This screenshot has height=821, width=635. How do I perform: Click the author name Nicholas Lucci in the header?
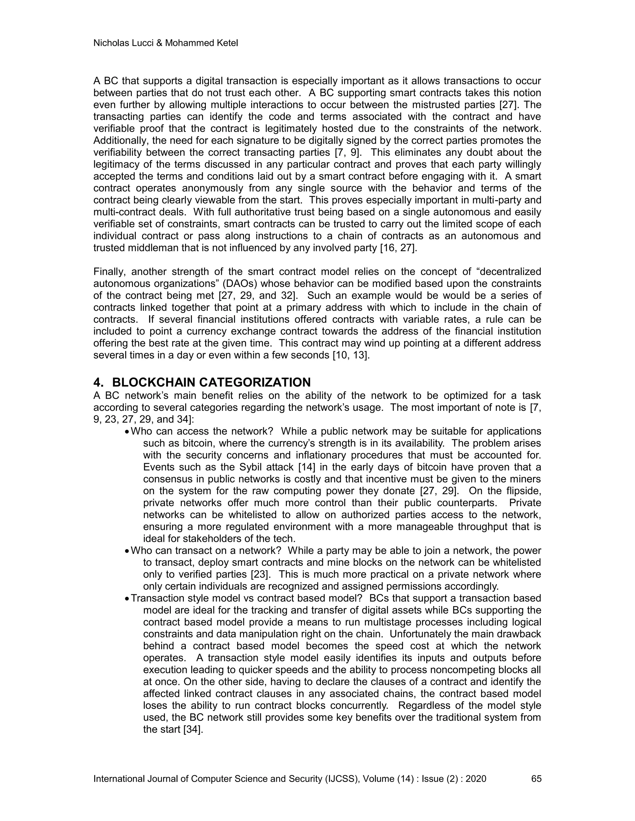tap(123, 43)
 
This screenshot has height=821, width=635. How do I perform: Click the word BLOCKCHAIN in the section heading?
tap(153, 382)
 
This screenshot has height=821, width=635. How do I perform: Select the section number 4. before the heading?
tap(98, 382)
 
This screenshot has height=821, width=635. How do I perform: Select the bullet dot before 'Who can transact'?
tap(127, 551)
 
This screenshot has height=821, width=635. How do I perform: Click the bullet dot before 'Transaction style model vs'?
tap(127, 599)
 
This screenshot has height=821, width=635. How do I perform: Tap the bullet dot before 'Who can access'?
tap(127, 432)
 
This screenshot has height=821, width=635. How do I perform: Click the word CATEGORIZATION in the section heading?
tap(255, 382)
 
